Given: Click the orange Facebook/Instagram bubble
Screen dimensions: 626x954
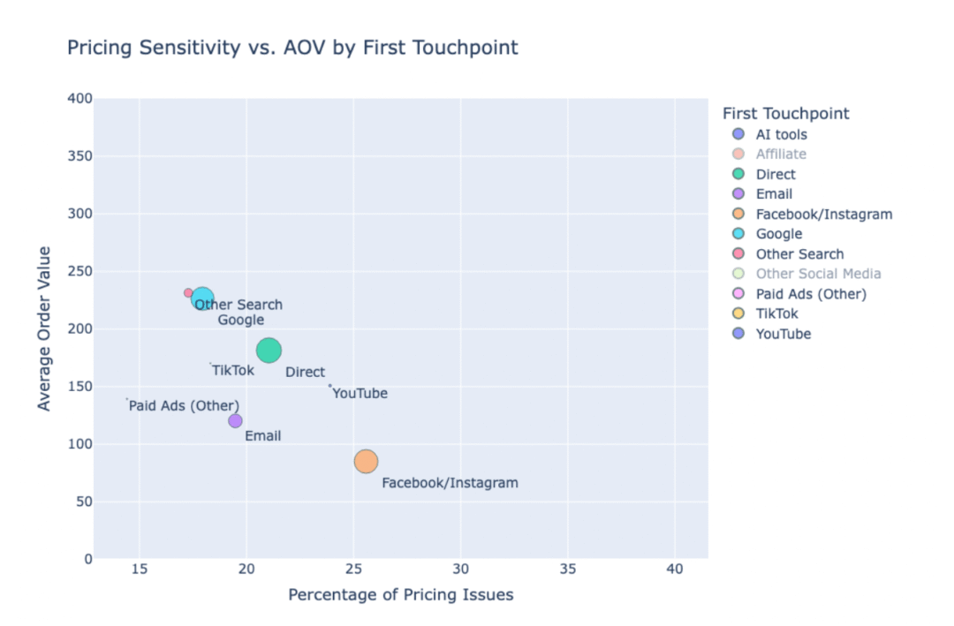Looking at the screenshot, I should point(366,461).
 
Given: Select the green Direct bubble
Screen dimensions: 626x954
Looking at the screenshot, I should point(269,351).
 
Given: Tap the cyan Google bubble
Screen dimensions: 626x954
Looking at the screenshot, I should point(202,298).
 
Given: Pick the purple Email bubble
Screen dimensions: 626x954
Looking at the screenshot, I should point(235,421).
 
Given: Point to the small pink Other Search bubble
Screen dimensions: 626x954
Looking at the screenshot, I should point(188,293).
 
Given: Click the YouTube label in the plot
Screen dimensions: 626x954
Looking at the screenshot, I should point(360,394).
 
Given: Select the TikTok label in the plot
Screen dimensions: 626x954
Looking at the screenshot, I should point(233,371).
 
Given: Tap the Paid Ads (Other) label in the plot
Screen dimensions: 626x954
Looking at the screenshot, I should point(184,406).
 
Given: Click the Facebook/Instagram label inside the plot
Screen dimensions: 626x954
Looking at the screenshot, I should point(450,484).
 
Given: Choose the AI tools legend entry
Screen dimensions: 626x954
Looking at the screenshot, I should point(781,135).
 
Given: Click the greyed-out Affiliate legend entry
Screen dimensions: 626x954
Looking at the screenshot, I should point(781,155).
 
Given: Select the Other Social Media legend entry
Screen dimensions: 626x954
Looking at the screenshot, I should point(818,274).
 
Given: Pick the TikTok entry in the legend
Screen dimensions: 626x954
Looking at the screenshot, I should point(776,313).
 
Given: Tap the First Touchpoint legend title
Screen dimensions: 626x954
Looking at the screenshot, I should point(785,114).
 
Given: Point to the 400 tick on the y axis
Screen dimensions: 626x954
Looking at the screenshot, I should point(80,99).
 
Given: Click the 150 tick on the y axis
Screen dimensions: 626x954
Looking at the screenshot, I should point(80,387).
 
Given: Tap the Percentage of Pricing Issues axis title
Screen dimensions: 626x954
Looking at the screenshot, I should point(400,595).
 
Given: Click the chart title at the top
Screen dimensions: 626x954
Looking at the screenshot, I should point(292,48).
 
